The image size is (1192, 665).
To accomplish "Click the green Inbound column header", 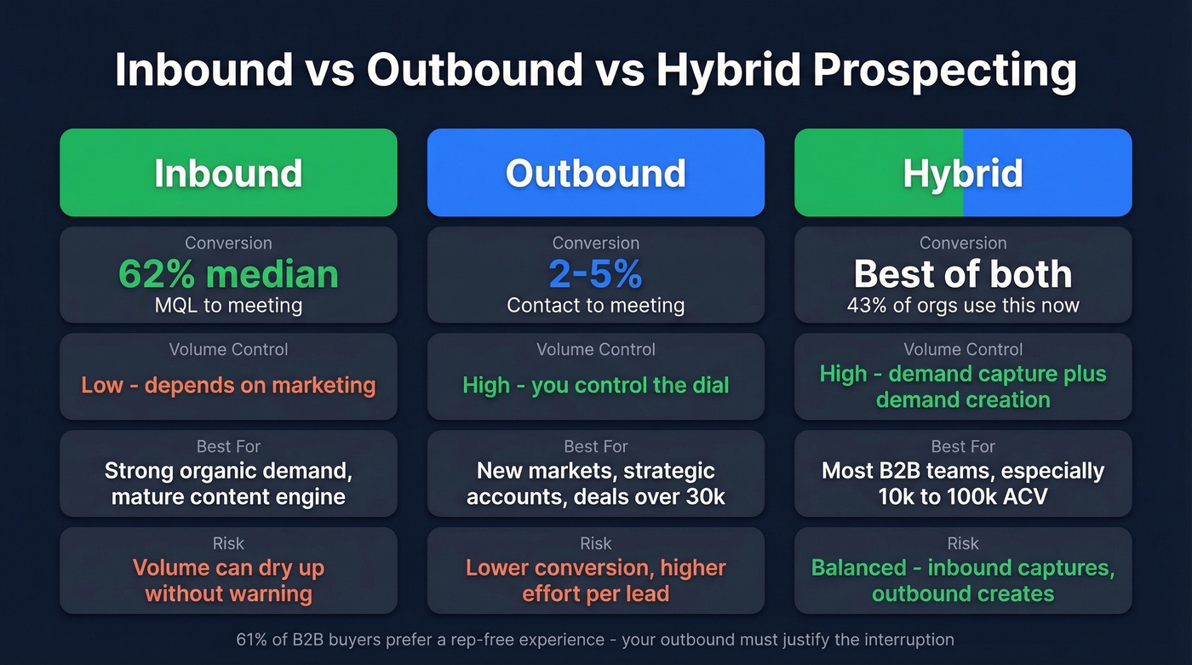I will (x=228, y=173).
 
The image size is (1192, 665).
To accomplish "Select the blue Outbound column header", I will (x=595, y=173).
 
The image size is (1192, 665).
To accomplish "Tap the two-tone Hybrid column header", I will (x=963, y=173).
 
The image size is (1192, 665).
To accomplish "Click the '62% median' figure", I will (x=228, y=274).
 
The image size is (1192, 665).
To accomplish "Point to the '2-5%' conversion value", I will (x=595, y=274).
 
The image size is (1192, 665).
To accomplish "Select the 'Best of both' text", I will (x=963, y=274).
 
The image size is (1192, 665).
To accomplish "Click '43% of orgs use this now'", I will (x=963, y=305).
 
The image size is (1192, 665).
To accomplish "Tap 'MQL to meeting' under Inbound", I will (x=228, y=305).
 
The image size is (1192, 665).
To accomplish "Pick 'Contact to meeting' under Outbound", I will (x=595, y=305).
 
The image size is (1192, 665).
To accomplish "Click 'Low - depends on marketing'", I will (x=228, y=385).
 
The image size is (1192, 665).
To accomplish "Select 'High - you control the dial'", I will (x=595, y=385).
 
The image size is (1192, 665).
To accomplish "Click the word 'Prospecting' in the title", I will (x=944, y=71).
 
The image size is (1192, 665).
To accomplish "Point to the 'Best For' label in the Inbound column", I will (x=228, y=446).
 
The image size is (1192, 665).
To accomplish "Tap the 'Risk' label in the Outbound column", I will (x=595, y=543).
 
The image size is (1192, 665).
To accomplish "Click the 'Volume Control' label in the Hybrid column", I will (x=963, y=349).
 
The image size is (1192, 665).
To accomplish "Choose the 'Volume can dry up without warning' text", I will (x=228, y=581).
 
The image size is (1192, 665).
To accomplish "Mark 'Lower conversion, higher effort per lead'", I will (x=595, y=581).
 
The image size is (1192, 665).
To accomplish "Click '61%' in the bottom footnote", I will (x=252, y=639).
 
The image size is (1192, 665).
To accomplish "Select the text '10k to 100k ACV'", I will (x=963, y=496).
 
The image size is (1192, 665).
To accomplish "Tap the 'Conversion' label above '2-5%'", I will (x=595, y=244).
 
